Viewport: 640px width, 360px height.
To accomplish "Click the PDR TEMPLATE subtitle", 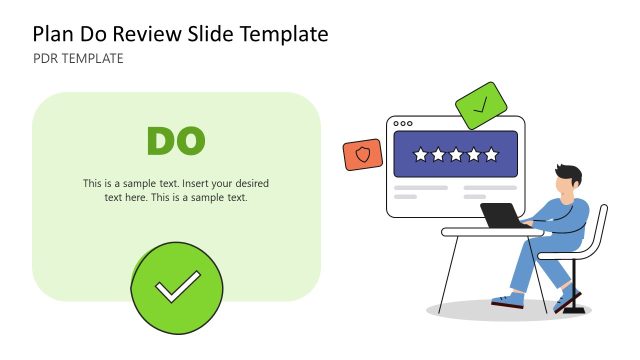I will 78,59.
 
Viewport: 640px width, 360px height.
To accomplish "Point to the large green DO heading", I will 176,142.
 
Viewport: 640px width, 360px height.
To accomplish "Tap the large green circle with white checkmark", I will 176,288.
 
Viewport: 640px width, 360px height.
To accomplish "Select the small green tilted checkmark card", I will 479,104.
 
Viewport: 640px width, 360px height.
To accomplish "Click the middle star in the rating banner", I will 456,155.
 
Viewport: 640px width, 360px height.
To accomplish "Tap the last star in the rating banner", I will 491,155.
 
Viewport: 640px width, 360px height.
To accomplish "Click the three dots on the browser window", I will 403,124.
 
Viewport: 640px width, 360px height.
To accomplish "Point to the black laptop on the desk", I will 501,215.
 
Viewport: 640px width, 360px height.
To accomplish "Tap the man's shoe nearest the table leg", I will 507,299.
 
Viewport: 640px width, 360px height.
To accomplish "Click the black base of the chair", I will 574,309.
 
